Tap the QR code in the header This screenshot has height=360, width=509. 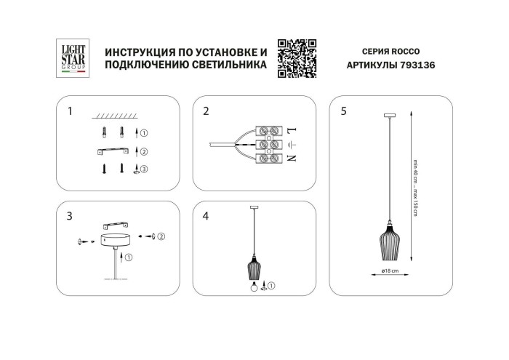pyautogui.click(x=296, y=57)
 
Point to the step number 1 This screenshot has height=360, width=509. pyautogui.click(x=69, y=111)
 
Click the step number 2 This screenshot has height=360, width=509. pyautogui.click(x=206, y=111)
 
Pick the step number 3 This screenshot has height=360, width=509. pyautogui.click(x=69, y=216)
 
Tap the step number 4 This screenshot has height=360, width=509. pyautogui.click(x=206, y=216)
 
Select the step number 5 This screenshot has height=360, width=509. pyautogui.click(x=343, y=111)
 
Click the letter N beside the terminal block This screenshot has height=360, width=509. pyautogui.click(x=292, y=157)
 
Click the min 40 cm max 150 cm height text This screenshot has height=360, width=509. pyautogui.click(x=414, y=186)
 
